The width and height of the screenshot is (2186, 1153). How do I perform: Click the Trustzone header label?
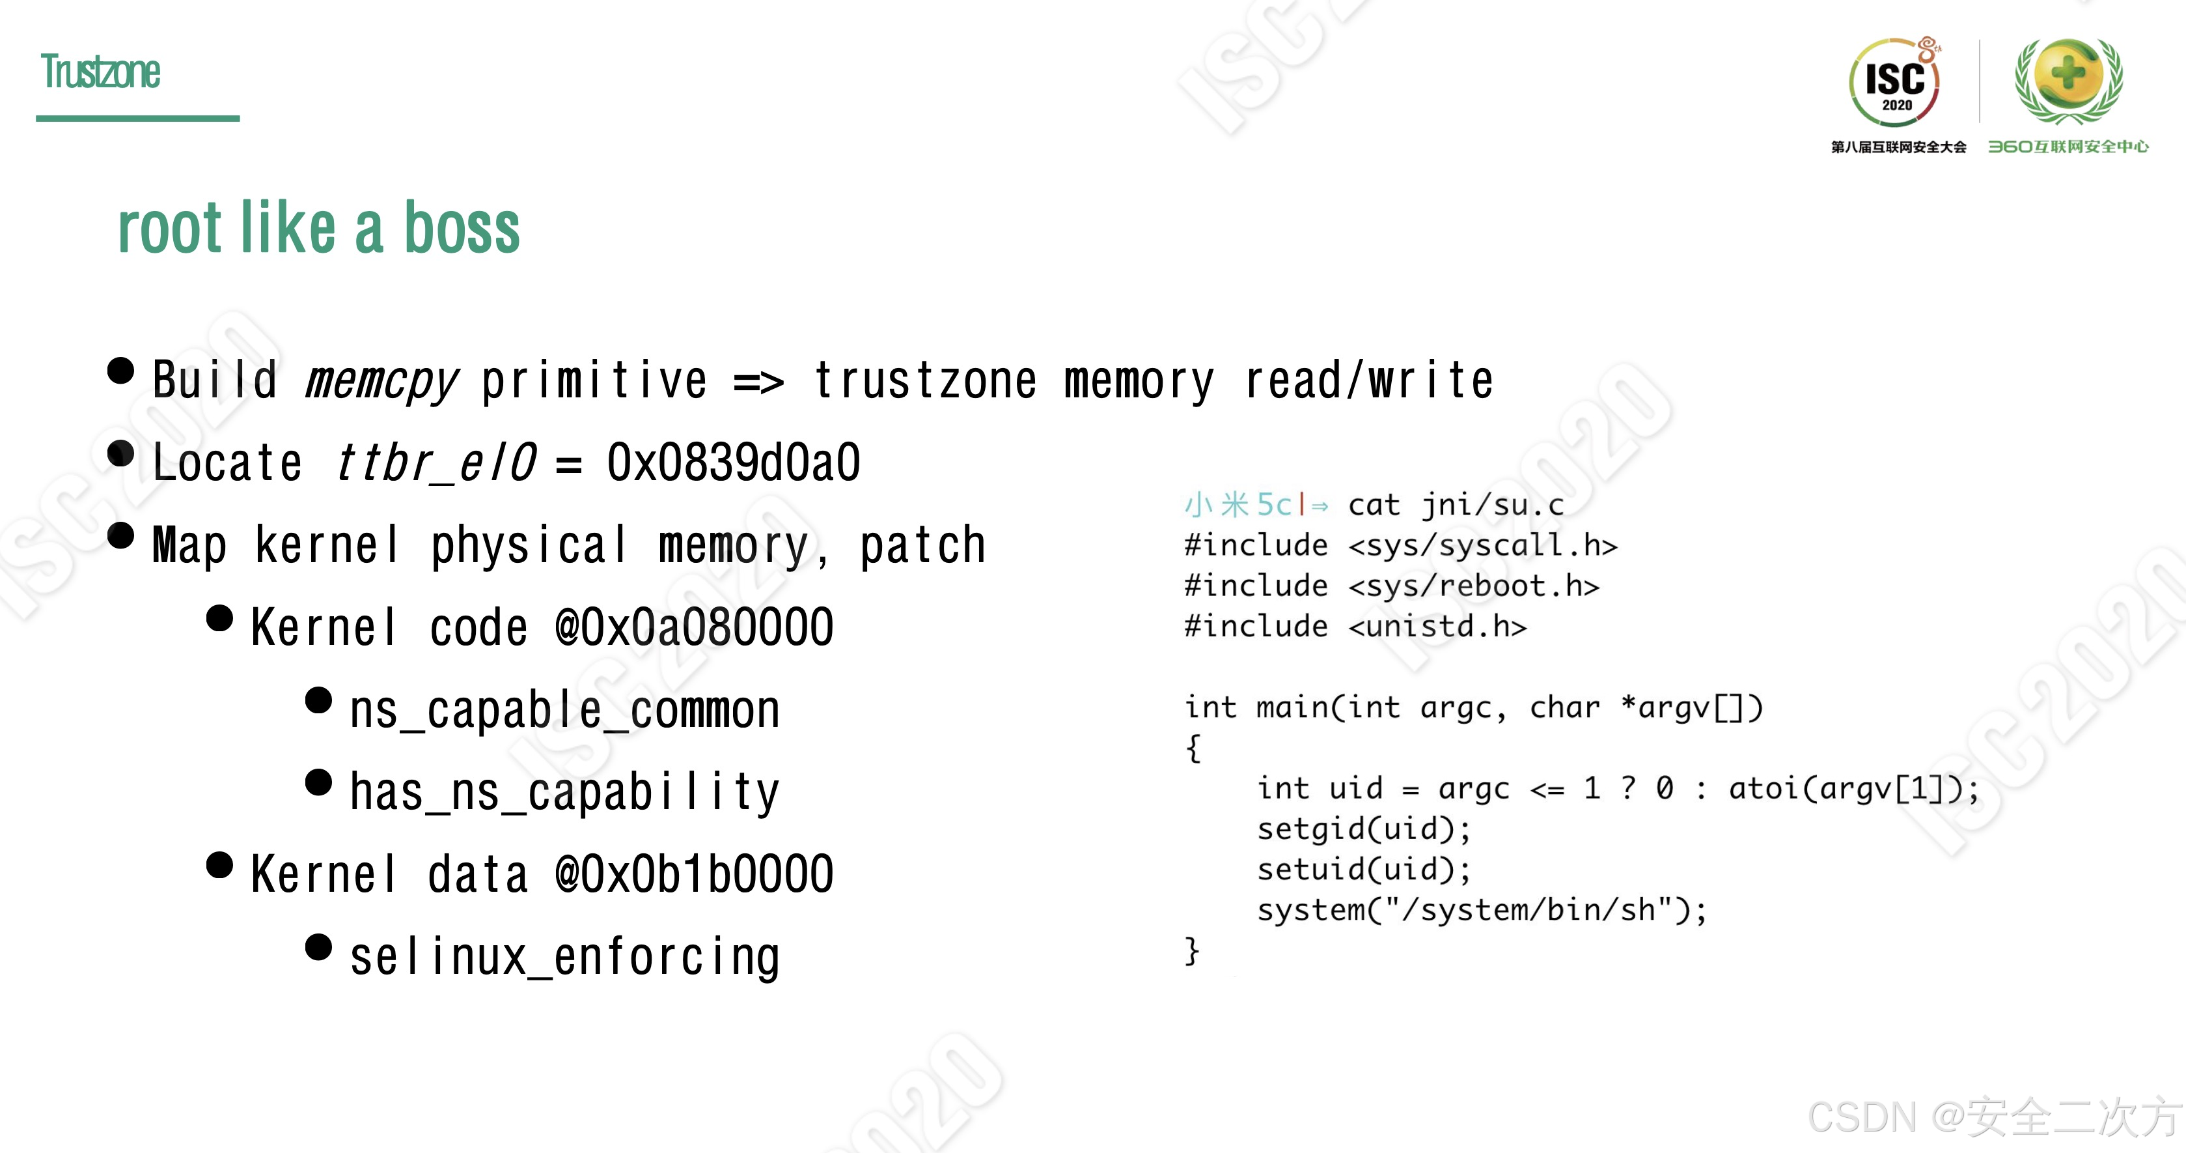point(100,72)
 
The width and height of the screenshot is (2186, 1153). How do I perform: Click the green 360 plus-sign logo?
point(2068,79)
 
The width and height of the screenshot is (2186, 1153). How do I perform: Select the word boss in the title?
point(461,229)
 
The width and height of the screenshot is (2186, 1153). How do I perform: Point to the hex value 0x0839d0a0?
point(733,463)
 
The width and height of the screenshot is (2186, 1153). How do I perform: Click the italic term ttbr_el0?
point(436,463)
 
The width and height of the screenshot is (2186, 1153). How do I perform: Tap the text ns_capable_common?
point(564,710)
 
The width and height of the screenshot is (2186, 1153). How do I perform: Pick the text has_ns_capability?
point(564,792)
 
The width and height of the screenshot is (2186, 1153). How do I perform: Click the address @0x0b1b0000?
point(693,874)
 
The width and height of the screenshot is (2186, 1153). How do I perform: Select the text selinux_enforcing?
point(564,957)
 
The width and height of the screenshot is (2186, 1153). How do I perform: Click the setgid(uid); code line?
point(1364,829)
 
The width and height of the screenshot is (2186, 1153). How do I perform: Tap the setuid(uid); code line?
point(1364,870)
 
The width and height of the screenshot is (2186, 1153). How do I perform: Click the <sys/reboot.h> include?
point(1473,586)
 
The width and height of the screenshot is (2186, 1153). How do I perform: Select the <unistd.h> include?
point(1437,627)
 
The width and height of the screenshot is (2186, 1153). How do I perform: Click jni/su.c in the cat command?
point(1493,505)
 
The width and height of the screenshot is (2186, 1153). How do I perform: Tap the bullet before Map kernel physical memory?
point(121,535)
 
